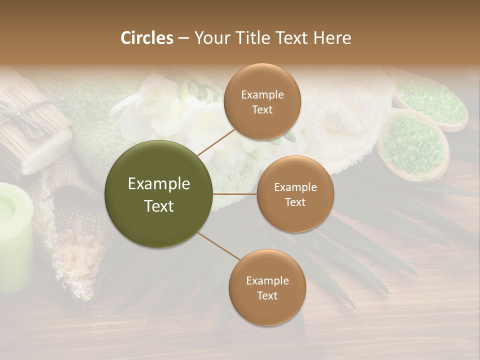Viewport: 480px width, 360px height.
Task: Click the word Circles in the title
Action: click(x=147, y=38)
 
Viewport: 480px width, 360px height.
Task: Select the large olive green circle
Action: click(x=159, y=194)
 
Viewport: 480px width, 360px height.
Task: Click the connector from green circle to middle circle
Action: click(x=235, y=194)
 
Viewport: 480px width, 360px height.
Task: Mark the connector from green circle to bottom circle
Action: click(x=218, y=245)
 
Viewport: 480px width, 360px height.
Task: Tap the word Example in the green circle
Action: click(x=159, y=184)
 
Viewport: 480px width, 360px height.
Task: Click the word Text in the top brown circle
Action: click(x=262, y=109)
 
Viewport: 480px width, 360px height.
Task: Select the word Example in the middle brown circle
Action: click(x=295, y=187)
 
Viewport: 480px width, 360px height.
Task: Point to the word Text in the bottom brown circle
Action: click(x=267, y=295)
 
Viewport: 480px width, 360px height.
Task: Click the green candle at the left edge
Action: click(x=14, y=235)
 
